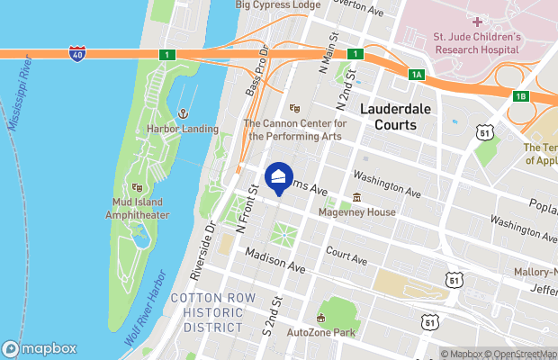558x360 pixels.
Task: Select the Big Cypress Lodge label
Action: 278,5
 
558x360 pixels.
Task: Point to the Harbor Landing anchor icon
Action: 183,114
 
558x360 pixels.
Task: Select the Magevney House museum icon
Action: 357,198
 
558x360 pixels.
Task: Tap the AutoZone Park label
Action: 319,332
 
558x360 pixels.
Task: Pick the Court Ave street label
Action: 346,257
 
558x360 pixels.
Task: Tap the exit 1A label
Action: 415,75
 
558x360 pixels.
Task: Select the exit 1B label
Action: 520,96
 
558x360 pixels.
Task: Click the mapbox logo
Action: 40,348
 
